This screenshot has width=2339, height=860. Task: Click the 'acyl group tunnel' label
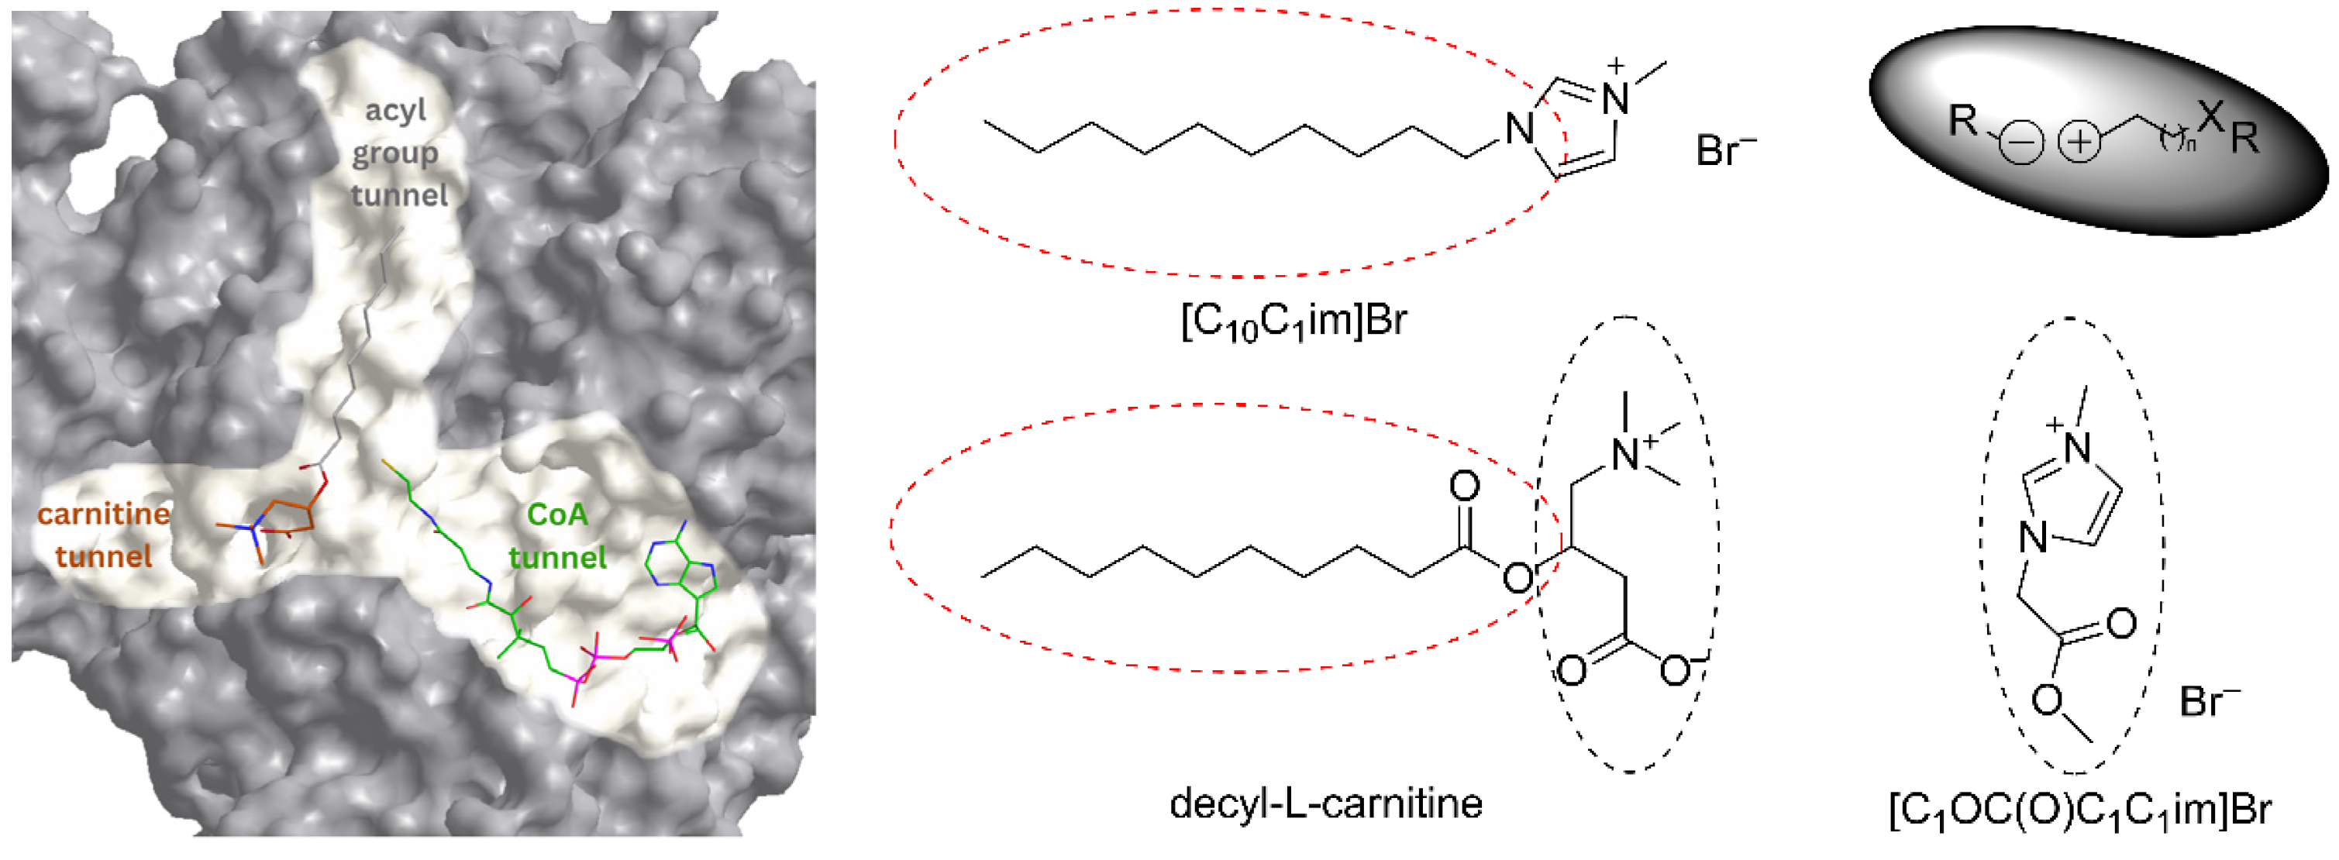click(x=398, y=153)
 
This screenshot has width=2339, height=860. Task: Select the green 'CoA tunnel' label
click(x=557, y=536)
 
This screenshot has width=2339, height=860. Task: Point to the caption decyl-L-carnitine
click(x=1326, y=803)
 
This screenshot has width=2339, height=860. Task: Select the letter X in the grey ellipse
click(x=2212, y=115)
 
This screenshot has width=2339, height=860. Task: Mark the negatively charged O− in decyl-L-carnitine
click(x=1676, y=670)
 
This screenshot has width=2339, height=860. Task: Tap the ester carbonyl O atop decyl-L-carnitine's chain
click(x=1464, y=487)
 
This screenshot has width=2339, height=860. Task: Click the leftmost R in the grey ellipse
click(x=1963, y=120)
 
